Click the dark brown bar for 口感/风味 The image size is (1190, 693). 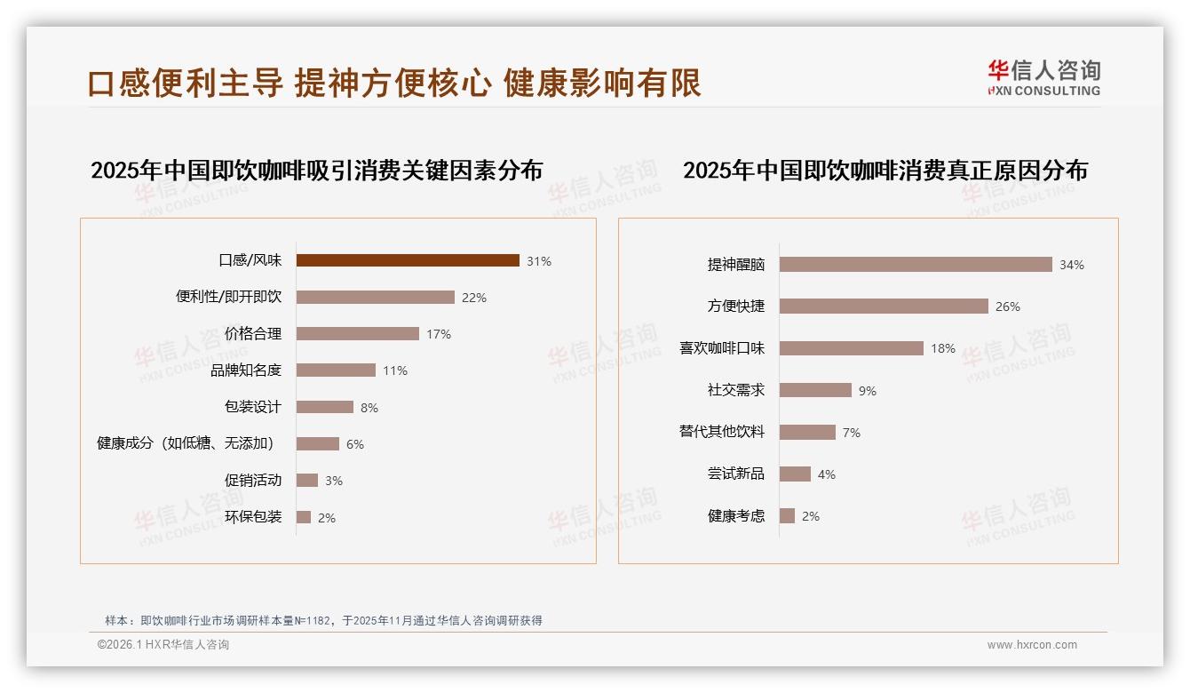408,260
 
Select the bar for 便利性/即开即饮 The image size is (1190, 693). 375,298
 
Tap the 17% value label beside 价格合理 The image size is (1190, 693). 439,334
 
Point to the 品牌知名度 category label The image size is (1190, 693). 246,370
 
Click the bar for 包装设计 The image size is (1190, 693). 325,407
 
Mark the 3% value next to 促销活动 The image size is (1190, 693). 334,481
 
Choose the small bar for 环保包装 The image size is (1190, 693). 304,517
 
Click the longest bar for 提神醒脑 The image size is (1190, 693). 916,265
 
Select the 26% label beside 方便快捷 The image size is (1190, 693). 1008,307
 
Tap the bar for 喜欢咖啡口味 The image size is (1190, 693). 852,348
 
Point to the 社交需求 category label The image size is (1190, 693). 736,390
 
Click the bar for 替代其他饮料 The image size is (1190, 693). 807,432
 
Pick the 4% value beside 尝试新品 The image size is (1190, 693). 827,474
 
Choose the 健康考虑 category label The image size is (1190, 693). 736,516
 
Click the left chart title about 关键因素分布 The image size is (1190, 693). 316,170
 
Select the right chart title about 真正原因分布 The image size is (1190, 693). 885,170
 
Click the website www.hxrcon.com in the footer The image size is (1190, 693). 1032,645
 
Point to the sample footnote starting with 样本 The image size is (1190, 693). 323,621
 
